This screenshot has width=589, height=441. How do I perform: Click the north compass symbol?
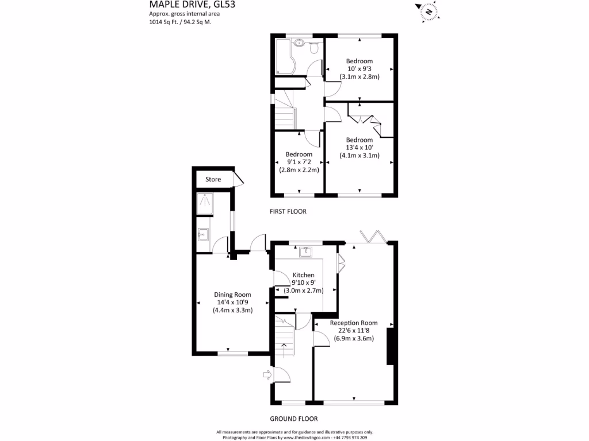429,10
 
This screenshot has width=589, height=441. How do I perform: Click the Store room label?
213,180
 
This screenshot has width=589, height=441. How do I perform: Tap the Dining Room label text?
233,295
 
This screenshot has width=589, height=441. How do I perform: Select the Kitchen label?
304,275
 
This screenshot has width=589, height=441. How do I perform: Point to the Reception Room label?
354,323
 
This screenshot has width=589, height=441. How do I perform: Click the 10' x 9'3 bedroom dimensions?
359,69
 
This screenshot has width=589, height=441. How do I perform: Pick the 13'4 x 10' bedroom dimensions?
359,148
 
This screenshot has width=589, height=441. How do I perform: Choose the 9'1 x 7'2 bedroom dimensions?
299,162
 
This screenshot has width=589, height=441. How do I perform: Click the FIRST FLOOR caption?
288,211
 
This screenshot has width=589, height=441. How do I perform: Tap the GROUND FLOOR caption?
293,419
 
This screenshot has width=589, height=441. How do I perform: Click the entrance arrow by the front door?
267,375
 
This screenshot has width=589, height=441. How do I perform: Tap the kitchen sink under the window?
306,251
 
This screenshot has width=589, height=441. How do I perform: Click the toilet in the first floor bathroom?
314,49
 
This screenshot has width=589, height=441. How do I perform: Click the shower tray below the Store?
204,203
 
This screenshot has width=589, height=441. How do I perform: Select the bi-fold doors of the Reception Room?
372,237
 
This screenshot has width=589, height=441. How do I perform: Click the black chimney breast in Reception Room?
390,346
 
